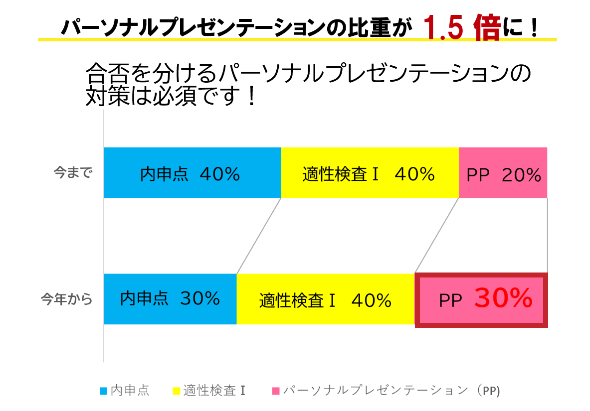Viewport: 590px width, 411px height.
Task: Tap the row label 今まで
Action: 73,173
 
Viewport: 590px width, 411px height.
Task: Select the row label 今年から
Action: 67,299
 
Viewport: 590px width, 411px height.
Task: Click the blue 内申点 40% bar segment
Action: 192,173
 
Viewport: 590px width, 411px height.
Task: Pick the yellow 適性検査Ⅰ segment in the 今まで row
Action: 370,173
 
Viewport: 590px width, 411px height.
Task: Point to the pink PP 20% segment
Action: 503,173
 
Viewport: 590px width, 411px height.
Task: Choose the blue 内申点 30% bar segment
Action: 170,299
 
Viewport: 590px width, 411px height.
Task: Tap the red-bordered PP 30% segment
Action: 481,300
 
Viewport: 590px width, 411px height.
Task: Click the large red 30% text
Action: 503,298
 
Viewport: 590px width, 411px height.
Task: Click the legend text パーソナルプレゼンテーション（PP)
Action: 392,391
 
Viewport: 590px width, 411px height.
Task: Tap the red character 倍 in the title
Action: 487,28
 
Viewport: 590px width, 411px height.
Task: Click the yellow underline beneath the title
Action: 297,39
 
